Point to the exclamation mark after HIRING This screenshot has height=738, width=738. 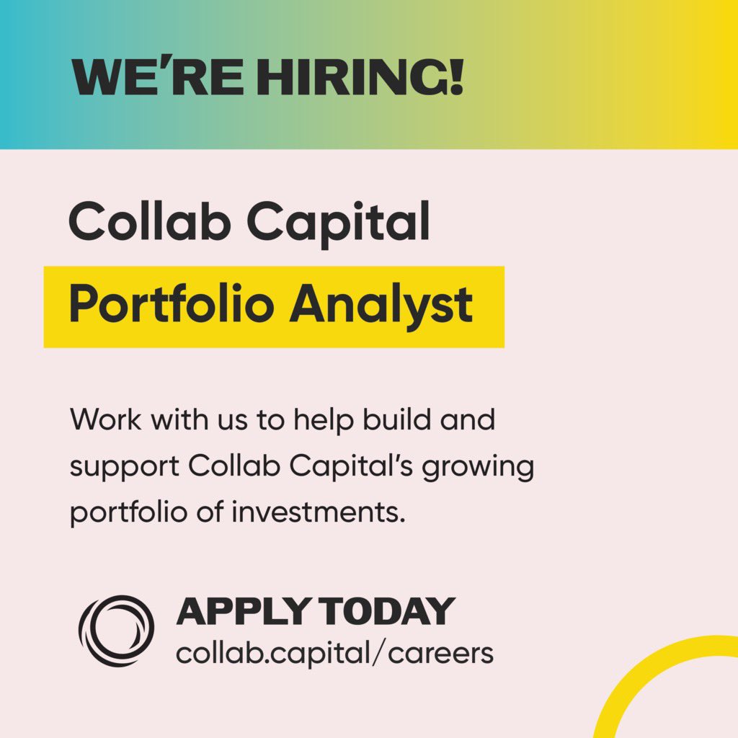point(454,76)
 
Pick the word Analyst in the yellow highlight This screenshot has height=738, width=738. point(382,305)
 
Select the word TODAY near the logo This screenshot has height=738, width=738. point(388,612)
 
